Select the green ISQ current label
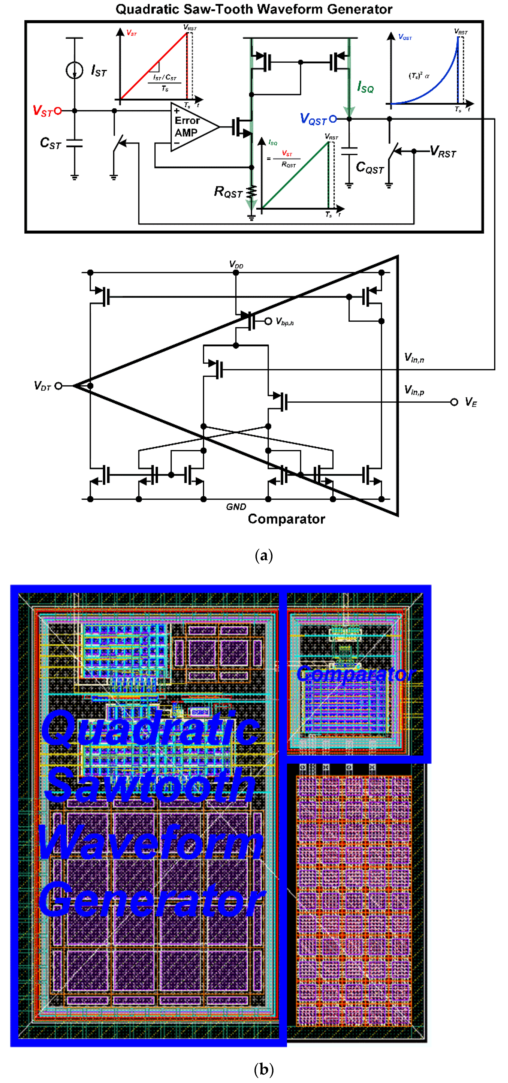click(x=365, y=87)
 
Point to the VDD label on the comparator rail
click(x=236, y=264)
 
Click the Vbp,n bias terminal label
click(x=284, y=322)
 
